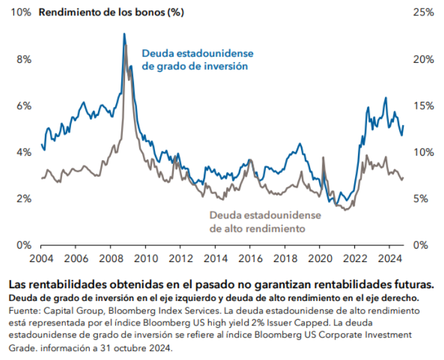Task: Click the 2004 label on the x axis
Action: point(41,259)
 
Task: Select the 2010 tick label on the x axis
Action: point(145,259)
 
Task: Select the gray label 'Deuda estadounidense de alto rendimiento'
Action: point(265,222)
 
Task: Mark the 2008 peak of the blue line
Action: point(124,34)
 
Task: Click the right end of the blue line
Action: point(403,126)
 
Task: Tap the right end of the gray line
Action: point(403,178)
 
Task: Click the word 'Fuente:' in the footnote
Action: point(22,311)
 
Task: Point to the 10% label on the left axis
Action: point(19,13)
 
